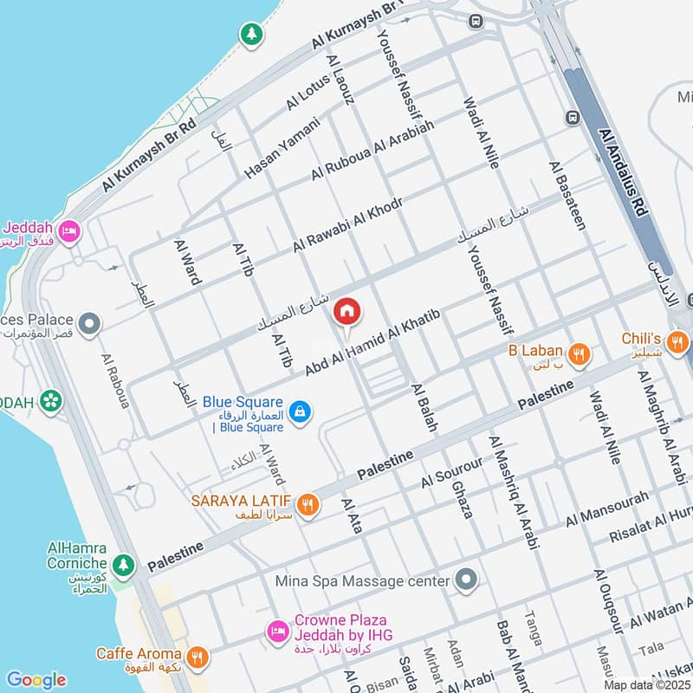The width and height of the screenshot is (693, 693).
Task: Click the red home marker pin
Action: click(x=346, y=311)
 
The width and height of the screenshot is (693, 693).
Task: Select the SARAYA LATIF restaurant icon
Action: click(x=305, y=503)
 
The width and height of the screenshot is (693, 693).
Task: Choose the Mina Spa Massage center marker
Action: click(x=467, y=580)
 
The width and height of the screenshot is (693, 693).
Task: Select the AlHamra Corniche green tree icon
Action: click(x=124, y=564)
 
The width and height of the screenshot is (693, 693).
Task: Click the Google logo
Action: click(x=36, y=680)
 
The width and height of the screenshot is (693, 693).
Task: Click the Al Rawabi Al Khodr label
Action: click(x=347, y=225)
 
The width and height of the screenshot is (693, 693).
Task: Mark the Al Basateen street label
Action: click(x=567, y=195)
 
